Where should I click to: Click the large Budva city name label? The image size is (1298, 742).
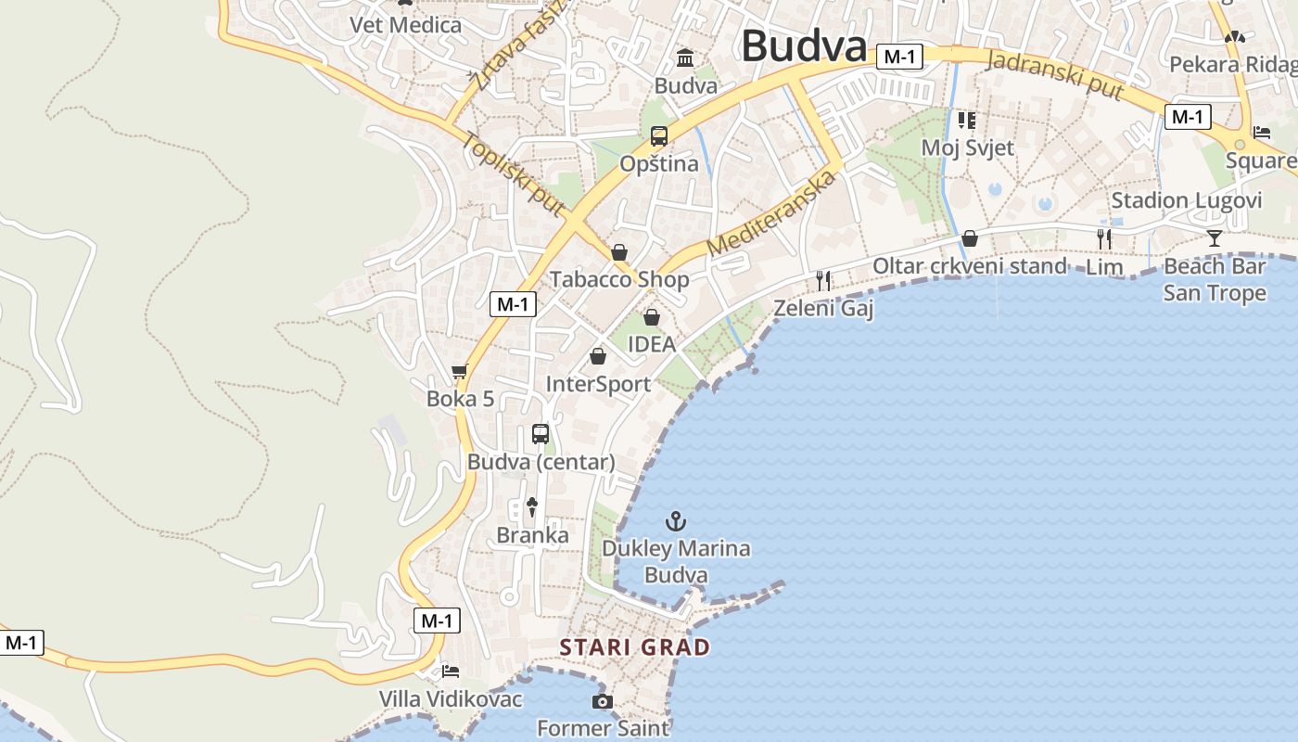coord(804,45)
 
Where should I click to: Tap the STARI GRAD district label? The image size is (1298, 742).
coord(635,647)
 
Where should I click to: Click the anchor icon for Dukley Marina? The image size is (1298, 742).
coord(676,521)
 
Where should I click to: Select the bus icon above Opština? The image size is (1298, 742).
coord(659,137)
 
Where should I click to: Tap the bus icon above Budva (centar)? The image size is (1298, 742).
coord(541,433)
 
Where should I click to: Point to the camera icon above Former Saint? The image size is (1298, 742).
coord(603,701)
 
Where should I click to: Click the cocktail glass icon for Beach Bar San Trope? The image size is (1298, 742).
coord(1215,238)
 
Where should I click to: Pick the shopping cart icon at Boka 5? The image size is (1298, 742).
coord(460,372)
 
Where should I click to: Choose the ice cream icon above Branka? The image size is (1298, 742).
coord(532,506)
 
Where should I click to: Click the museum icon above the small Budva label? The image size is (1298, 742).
coord(685,58)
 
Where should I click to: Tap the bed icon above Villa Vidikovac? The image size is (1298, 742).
coord(451,671)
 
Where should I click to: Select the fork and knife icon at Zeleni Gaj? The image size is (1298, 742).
coord(823,280)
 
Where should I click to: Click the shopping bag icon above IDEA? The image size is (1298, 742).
coord(652,317)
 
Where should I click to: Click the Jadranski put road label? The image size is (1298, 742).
coord(1055,76)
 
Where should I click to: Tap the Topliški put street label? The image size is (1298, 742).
coord(513,175)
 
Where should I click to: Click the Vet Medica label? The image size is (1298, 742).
coord(405,25)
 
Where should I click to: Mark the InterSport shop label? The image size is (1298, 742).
coord(598,384)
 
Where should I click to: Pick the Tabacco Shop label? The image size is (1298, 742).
coord(619,279)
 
